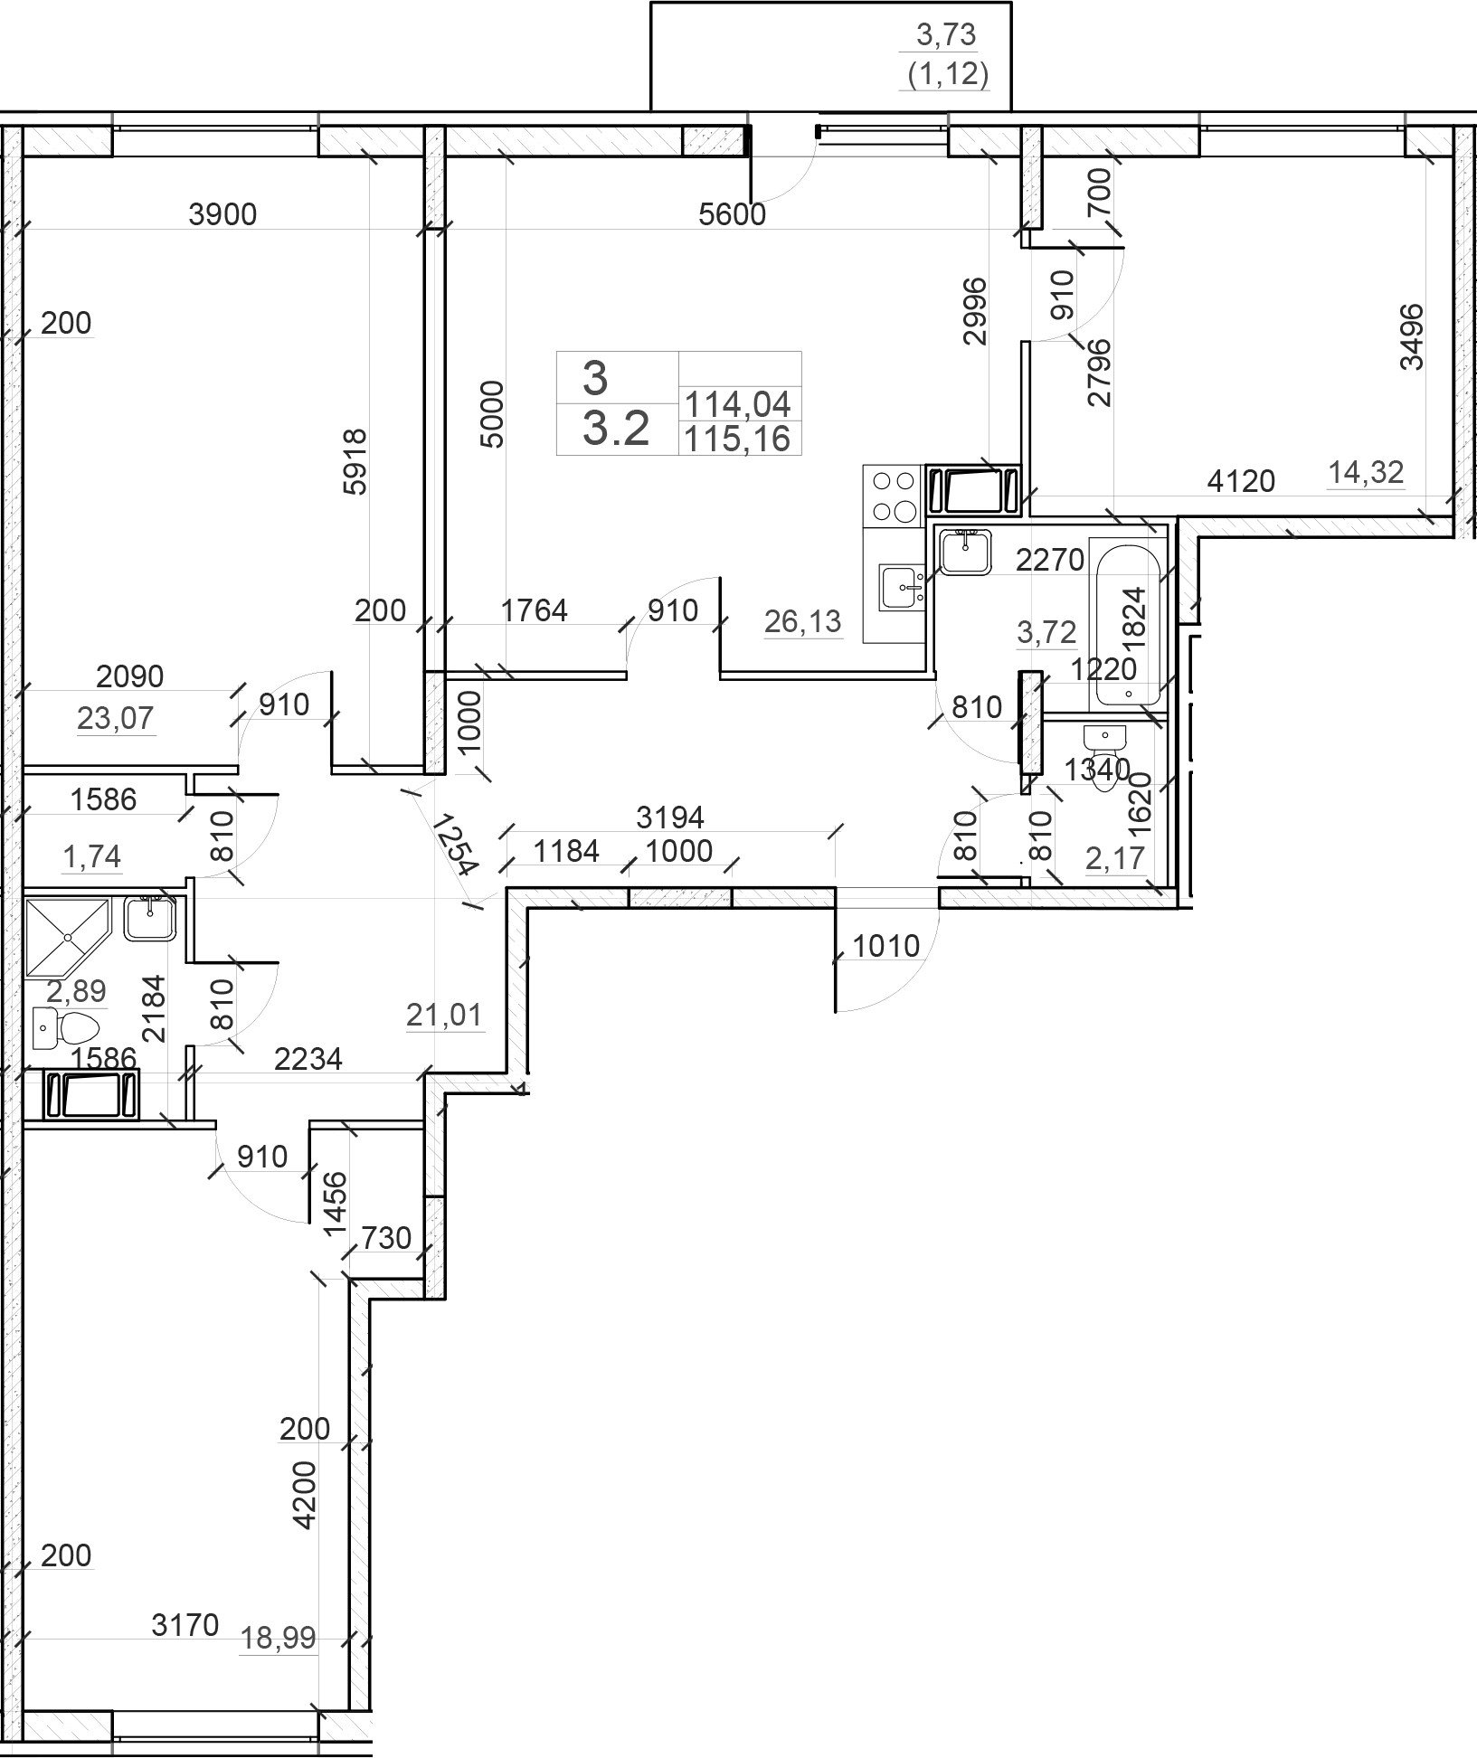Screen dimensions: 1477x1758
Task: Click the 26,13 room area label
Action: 803,621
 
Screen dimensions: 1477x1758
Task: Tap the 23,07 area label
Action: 116,718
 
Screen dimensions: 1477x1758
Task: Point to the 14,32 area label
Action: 1366,471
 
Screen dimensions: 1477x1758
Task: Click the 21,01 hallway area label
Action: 445,1016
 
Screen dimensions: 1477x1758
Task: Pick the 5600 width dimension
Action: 733,214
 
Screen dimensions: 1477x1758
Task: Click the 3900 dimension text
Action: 223,214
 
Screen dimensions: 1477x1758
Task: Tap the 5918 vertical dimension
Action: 355,461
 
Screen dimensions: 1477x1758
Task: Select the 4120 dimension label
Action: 1241,481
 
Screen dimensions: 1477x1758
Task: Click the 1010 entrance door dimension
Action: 886,946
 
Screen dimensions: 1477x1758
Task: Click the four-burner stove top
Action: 893,496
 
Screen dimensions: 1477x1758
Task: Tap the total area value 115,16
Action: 738,439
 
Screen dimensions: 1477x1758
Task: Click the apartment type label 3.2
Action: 616,429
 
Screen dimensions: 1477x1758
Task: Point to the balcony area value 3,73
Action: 947,34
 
